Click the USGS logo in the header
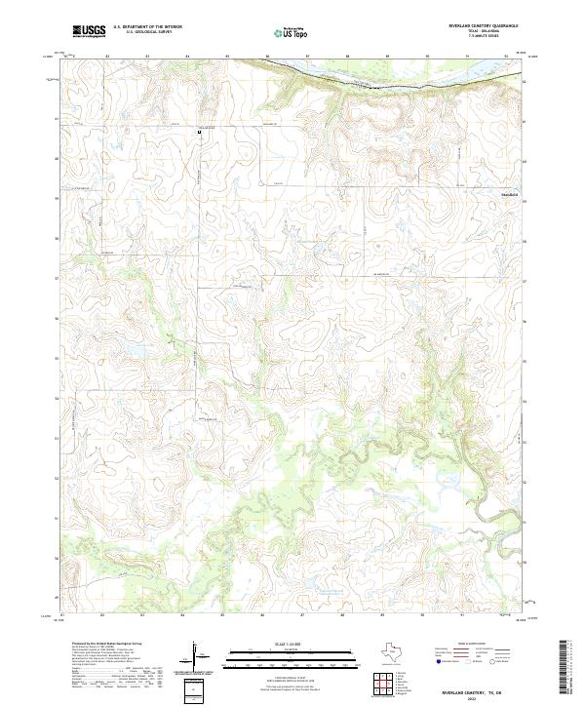[x=89, y=31]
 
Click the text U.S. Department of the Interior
[x=147, y=26]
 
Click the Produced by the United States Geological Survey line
[x=107, y=646]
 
